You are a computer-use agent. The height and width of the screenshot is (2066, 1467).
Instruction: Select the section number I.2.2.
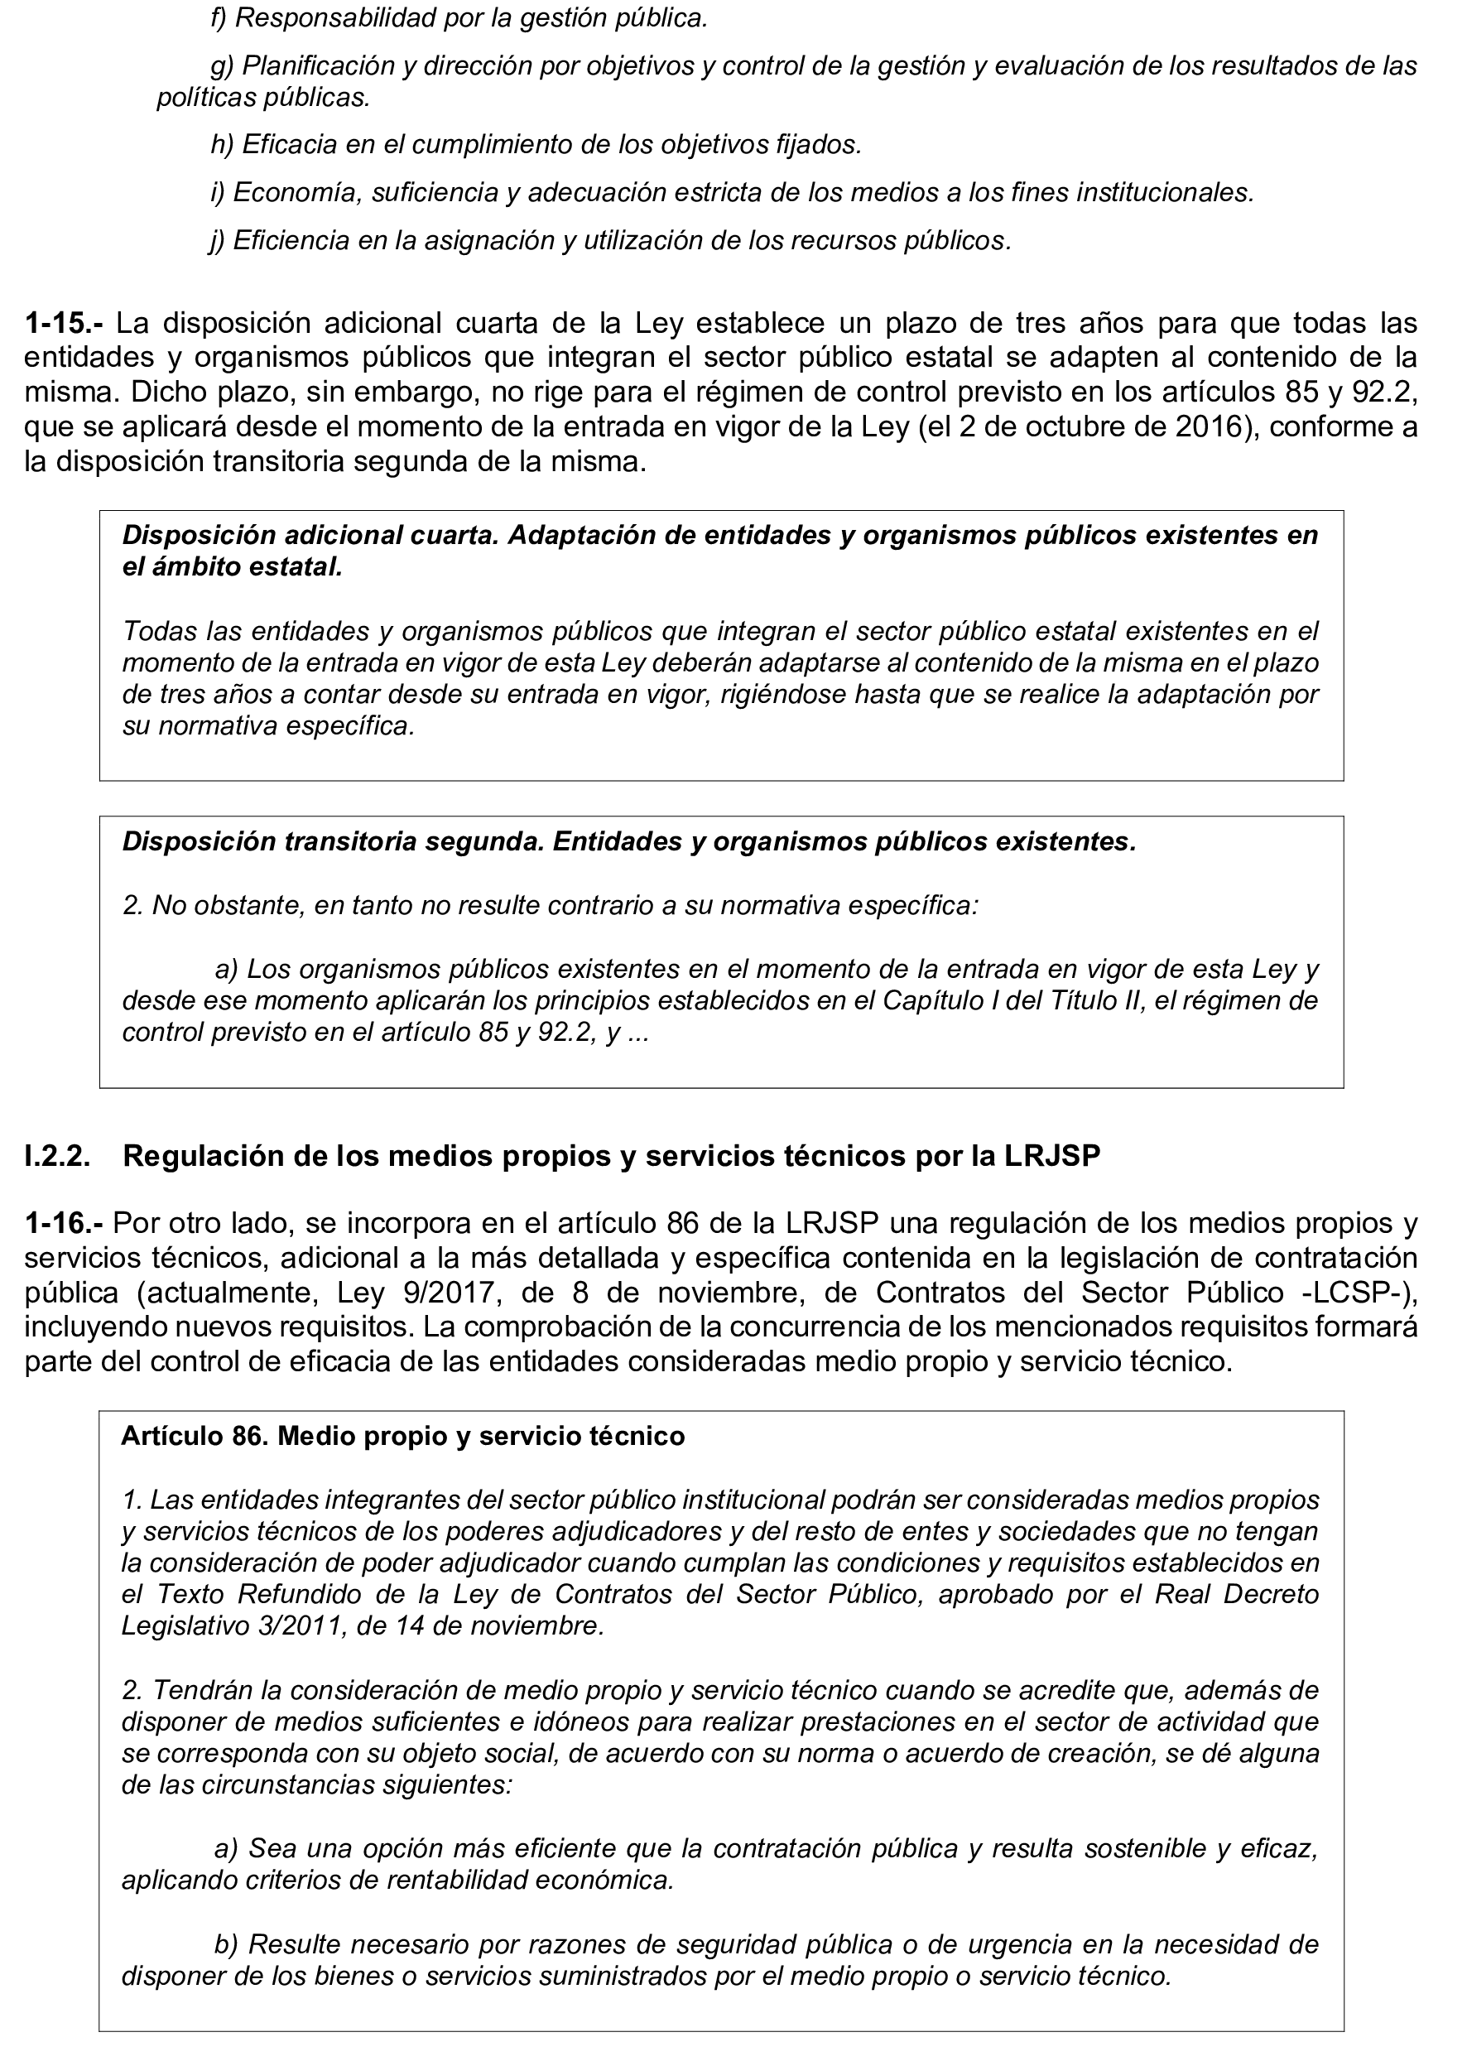click(57, 1156)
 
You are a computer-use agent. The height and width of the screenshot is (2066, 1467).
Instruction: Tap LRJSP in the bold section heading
click(1052, 1156)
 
